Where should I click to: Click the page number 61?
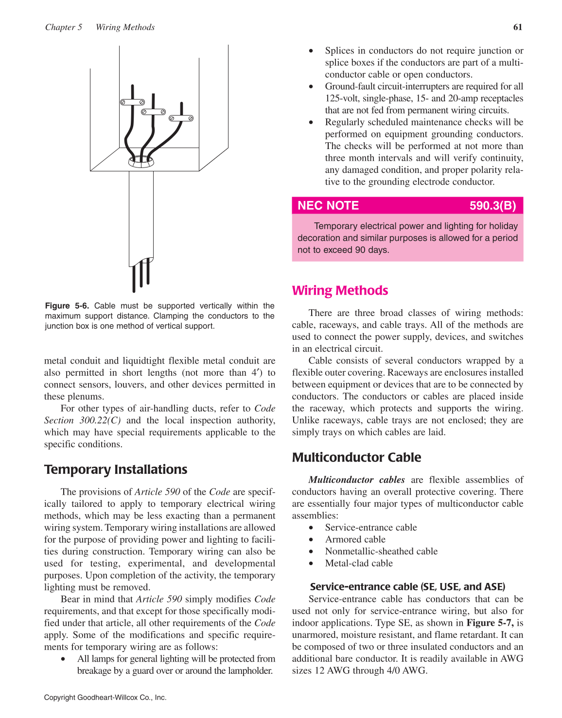518,27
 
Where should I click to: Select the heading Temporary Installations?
116,469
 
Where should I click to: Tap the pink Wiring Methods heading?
340,290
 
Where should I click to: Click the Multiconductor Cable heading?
356,457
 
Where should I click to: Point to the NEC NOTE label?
328,205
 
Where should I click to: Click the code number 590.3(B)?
492,205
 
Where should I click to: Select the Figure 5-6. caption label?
67,306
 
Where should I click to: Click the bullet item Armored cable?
355,539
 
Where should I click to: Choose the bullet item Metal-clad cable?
359,563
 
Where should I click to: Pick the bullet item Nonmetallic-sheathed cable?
381,551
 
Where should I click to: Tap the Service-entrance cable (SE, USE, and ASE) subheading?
407,586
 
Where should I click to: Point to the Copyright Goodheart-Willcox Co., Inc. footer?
105,698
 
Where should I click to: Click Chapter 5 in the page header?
64,27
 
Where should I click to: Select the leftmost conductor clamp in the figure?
132,102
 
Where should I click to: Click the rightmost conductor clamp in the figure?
181,118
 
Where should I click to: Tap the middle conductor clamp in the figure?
153,112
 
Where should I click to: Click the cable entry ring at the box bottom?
141,162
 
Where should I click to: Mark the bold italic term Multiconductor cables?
356,480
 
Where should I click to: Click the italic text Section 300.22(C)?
83,420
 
